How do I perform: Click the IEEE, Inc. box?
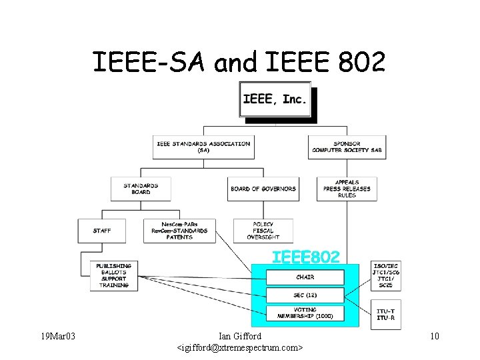point(275,100)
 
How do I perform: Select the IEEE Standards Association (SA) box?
point(203,147)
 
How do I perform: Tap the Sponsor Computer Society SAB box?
point(347,147)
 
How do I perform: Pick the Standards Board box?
point(141,189)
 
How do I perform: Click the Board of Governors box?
point(263,189)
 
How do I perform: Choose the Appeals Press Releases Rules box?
point(347,189)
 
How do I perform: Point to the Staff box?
point(102,231)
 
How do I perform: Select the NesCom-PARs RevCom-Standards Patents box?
point(179,231)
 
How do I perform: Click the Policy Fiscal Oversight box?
point(263,231)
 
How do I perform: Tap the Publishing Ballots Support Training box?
point(114,275)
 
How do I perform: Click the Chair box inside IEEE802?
point(305,277)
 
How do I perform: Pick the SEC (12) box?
point(305,295)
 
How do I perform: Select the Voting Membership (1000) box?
point(305,313)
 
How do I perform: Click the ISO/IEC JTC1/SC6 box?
point(387,275)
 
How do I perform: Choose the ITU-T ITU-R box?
point(387,313)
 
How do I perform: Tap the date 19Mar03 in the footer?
point(57,336)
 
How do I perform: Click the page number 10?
point(434,336)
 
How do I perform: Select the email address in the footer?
point(240,348)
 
